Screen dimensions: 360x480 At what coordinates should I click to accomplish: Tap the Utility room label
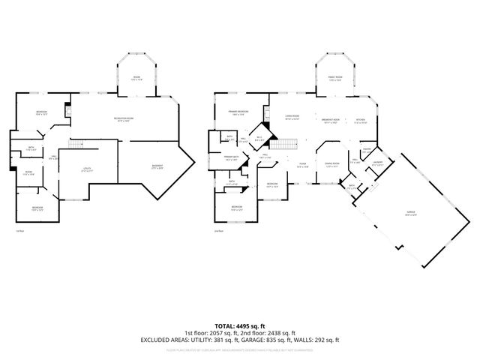pyautogui.click(x=88, y=169)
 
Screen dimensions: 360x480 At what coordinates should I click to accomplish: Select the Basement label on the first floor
pyautogui.click(x=157, y=166)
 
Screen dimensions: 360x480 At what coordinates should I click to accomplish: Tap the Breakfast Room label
pyautogui.click(x=331, y=121)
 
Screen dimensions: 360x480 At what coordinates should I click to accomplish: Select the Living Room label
pyautogui.click(x=292, y=117)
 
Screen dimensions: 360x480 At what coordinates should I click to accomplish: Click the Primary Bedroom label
pyautogui.click(x=239, y=113)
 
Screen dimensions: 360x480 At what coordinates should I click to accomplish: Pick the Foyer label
pyautogui.click(x=302, y=166)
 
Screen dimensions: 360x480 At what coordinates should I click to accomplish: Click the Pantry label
pyautogui.click(x=367, y=148)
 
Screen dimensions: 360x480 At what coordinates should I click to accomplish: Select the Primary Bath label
pyautogui.click(x=231, y=159)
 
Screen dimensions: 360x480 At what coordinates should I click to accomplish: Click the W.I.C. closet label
pyautogui.click(x=259, y=139)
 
